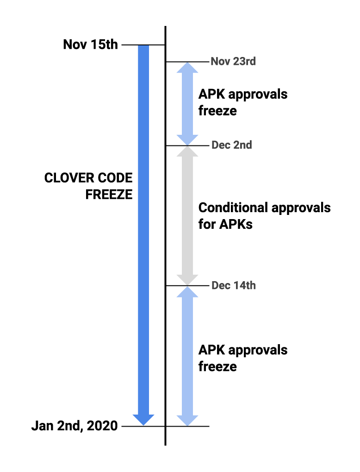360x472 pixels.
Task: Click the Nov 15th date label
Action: [90, 45]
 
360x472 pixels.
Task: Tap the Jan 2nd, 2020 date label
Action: [74, 426]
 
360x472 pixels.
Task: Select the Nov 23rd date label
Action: [233, 61]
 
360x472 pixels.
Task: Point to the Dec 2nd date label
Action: [232, 145]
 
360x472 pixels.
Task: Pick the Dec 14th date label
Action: [234, 285]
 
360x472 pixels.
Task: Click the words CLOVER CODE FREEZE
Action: [88, 186]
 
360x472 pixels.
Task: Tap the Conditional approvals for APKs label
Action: [264, 215]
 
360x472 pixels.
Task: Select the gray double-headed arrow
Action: [188, 215]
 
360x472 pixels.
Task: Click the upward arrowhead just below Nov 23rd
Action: [188, 68]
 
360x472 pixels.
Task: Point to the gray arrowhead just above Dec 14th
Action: [188, 279]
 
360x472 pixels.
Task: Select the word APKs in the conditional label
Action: [236, 224]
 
